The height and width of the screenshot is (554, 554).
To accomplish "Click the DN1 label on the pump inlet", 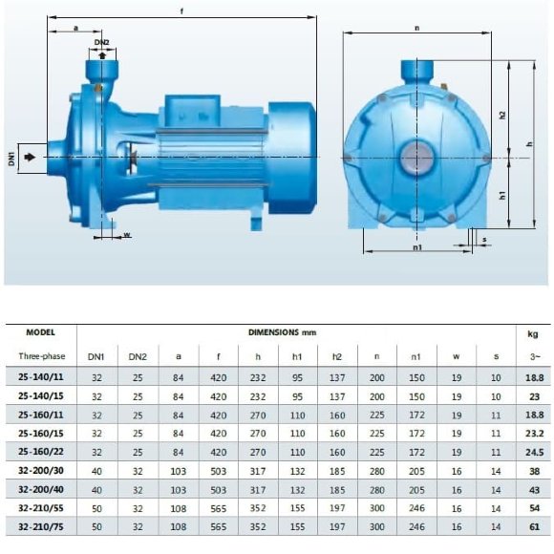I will tap(12, 157).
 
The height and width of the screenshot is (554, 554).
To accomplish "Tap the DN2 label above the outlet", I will tap(101, 42).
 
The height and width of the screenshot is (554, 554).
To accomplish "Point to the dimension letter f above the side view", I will tap(181, 11).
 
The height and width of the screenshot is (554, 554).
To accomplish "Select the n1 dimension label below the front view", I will tap(417, 246).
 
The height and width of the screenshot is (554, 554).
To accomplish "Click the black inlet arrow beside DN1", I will tap(32, 157).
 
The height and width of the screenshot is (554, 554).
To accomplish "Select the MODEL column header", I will tap(39, 332).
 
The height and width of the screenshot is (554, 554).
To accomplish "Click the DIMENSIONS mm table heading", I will tap(282, 332).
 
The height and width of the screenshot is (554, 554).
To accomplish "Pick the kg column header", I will tap(533, 333).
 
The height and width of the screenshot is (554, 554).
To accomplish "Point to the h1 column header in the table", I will tap(297, 357).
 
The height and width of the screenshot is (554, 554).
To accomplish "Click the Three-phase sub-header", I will tap(39, 357).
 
